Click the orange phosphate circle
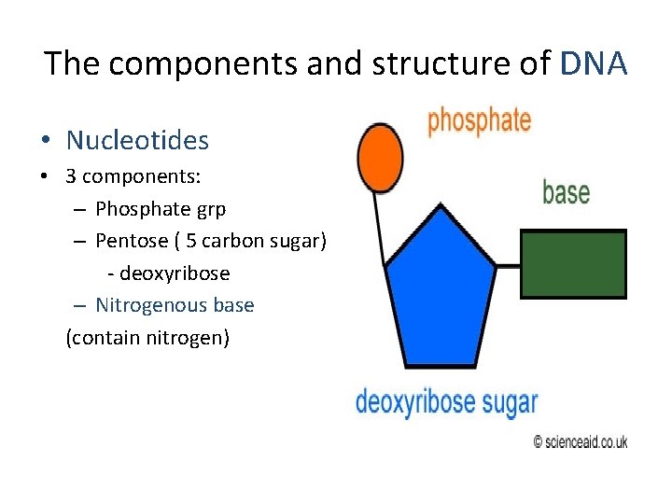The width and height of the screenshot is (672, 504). [380, 159]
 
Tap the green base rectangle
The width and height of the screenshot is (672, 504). [572, 264]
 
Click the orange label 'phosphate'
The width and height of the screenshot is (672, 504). [479, 122]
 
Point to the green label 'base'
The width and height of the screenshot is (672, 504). [566, 192]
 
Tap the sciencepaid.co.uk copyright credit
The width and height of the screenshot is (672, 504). [580, 441]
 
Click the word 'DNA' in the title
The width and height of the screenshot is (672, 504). [595, 64]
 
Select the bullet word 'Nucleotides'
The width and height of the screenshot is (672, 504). [137, 141]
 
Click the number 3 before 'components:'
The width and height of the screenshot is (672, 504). [71, 177]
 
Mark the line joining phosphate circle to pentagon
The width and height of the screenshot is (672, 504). [380, 224]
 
